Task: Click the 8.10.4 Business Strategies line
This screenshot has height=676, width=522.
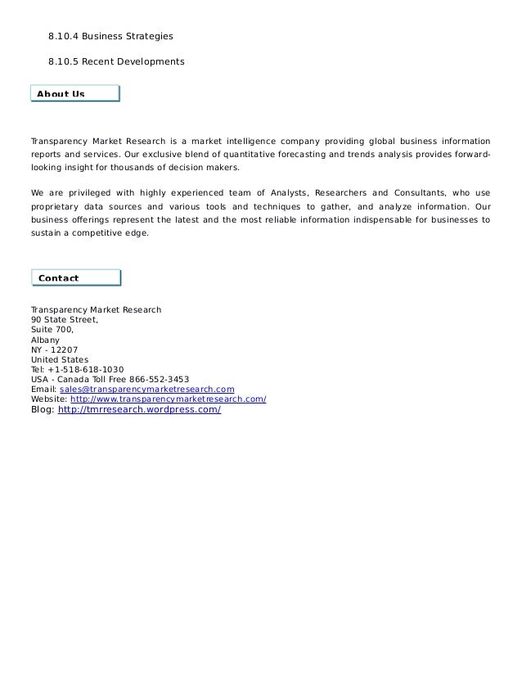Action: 110,37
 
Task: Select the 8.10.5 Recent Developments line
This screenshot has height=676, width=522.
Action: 116,62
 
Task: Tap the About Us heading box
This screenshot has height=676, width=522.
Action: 74,93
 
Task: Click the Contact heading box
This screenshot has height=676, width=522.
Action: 74,278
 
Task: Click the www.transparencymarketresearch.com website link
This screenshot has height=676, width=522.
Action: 169,399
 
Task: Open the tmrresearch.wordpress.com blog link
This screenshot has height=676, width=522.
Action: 139,409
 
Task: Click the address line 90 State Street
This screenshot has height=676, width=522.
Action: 64,320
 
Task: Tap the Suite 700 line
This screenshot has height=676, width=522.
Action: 52,330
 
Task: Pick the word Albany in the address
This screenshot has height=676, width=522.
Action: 45,340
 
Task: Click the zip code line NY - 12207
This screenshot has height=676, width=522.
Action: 54,349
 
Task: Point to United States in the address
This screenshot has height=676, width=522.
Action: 59,359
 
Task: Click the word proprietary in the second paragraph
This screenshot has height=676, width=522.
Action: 58,206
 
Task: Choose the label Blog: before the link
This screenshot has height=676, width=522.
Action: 42,409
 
